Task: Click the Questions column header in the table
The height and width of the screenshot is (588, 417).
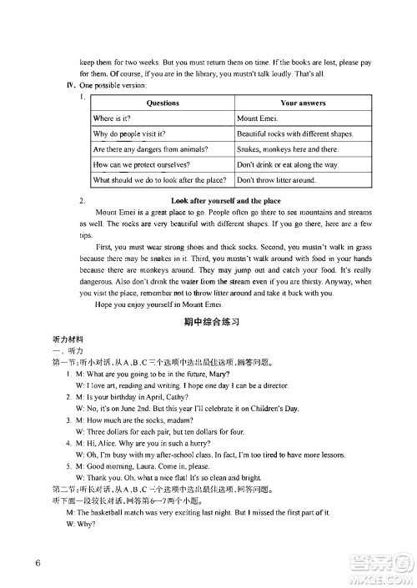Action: (x=162, y=103)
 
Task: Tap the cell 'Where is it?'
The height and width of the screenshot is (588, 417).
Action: (x=116, y=118)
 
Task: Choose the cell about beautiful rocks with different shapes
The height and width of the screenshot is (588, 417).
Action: (x=294, y=133)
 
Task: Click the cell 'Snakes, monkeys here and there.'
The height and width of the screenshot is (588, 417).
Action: (x=287, y=149)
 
